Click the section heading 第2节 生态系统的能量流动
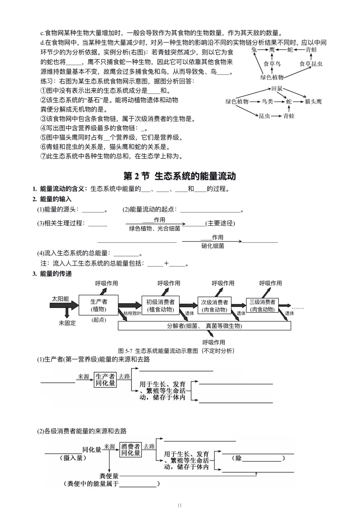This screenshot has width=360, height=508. point(180,176)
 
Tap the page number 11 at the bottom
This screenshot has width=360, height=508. point(180,505)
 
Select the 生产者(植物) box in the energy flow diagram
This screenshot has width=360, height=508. point(98,305)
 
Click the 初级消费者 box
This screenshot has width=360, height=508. point(160,305)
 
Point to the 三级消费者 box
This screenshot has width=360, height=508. point(262,305)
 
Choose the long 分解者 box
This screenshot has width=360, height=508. point(204,326)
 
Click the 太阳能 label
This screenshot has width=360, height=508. point(60,299)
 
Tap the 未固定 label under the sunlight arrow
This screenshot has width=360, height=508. point(67,323)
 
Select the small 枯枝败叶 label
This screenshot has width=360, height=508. point(132,313)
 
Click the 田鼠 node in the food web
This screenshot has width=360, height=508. point(277,89)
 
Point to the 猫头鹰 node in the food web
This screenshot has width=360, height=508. point(313,101)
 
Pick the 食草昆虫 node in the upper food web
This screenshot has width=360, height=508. point(311,64)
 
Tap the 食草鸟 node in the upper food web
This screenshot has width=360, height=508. point(272,64)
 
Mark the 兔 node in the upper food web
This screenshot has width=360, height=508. point(254,50)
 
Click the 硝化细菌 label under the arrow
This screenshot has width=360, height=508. point(213,246)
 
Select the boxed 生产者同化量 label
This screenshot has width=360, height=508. point(105,380)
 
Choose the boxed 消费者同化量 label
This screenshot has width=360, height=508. point(131,450)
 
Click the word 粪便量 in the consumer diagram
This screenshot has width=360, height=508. point(109,476)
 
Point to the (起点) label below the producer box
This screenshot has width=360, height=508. point(99,320)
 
